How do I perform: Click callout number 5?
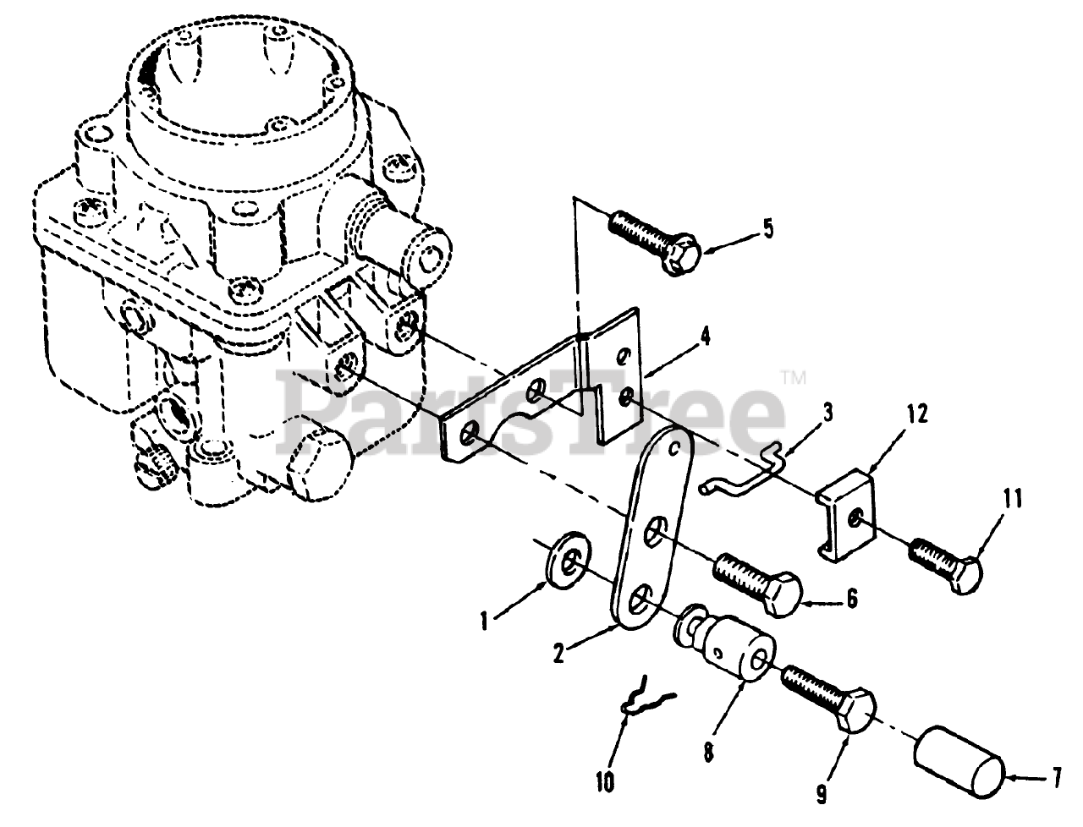[x=767, y=229]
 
